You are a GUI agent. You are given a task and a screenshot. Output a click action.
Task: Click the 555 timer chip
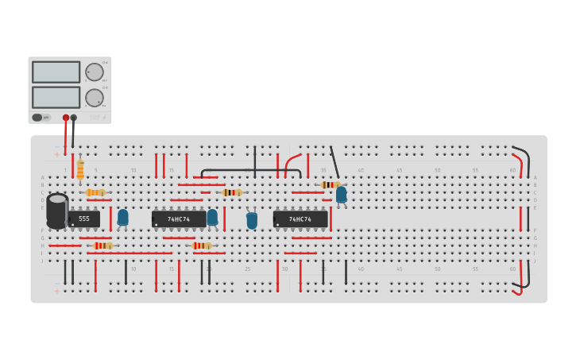coord(83,219)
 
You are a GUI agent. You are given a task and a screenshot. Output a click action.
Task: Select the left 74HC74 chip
coord(178,219)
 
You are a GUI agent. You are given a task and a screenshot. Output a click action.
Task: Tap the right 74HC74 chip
coord(300,219)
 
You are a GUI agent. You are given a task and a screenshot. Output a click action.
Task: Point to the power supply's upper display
coord(56,72)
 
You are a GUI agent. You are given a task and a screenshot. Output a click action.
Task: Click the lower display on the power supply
coord(56,97)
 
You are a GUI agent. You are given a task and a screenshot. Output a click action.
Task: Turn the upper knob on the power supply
coord(95,72)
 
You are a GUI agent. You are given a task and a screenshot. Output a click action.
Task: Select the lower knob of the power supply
coord(95,98)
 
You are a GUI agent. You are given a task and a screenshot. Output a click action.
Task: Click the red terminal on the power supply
coord(66,118)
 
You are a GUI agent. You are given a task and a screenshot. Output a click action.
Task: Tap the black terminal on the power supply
coord(74,118)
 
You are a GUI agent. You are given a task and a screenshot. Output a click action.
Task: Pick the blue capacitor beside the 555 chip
coord(122,217)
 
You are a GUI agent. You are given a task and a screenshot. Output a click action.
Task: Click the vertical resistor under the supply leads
coord(80,169)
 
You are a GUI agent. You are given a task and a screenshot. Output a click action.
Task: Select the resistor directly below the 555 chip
coord(102,246)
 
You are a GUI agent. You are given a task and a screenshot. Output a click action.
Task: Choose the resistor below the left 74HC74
coord(202,246)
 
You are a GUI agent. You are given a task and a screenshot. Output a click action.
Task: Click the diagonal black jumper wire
coord(334,162)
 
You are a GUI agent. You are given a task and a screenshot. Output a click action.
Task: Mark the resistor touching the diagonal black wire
coord(330,184)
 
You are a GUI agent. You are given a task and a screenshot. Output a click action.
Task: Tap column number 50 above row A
coord(437,170)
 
